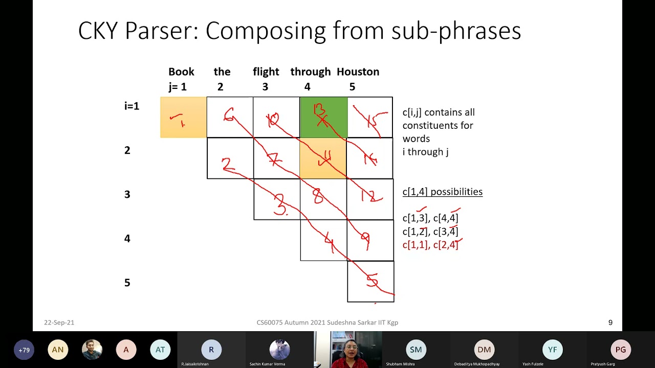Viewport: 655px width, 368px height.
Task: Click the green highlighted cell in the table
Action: point(323,118)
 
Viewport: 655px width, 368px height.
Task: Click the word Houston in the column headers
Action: point(358,72)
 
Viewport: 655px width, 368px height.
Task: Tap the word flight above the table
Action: point(266,72)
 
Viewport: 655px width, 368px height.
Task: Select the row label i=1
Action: point(132,106)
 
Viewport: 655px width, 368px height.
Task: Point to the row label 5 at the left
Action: point(127,283)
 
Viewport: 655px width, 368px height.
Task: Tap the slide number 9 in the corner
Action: point(610,323)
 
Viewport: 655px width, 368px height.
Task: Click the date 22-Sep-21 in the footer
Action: point(59,323)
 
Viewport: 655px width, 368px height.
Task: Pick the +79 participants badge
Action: point(24,350)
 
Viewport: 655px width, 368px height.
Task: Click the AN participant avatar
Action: point(58,350)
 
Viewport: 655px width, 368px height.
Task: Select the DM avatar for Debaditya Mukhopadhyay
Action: point(484,350)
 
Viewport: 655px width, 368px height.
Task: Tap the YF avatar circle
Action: point(553,350)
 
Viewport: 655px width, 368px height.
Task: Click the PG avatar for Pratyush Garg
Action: point(621,350)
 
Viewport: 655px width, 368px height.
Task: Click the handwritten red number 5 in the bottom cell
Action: point(372,280)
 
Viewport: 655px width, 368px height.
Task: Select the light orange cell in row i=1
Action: point(183,118)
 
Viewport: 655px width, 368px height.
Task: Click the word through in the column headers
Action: point(310,72)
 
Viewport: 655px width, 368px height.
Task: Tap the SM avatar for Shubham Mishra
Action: point(416,350)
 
